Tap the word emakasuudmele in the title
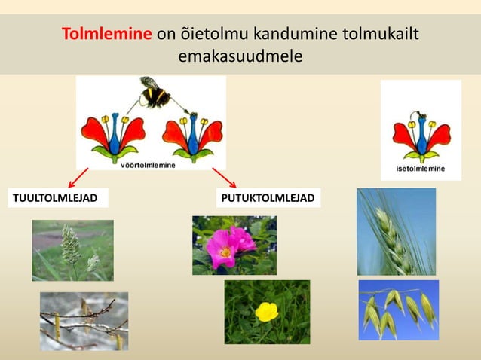point(239,56)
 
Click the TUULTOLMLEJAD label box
point(56,199)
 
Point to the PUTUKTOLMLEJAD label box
point(268,199)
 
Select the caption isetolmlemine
point(420,169)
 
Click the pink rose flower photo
point(234,246)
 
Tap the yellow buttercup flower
point(266,311)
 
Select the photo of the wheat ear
point(397,230)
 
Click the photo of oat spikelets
point(398,310)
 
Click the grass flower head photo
point(72,250)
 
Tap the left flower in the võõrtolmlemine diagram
point(112,136)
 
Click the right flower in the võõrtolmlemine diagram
point(193,136)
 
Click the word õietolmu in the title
point(218,35)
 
